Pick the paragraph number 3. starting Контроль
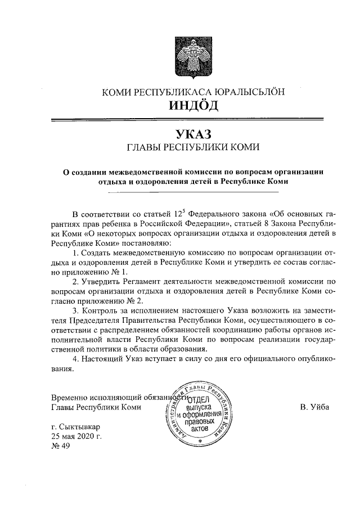77,310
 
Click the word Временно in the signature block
70,397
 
